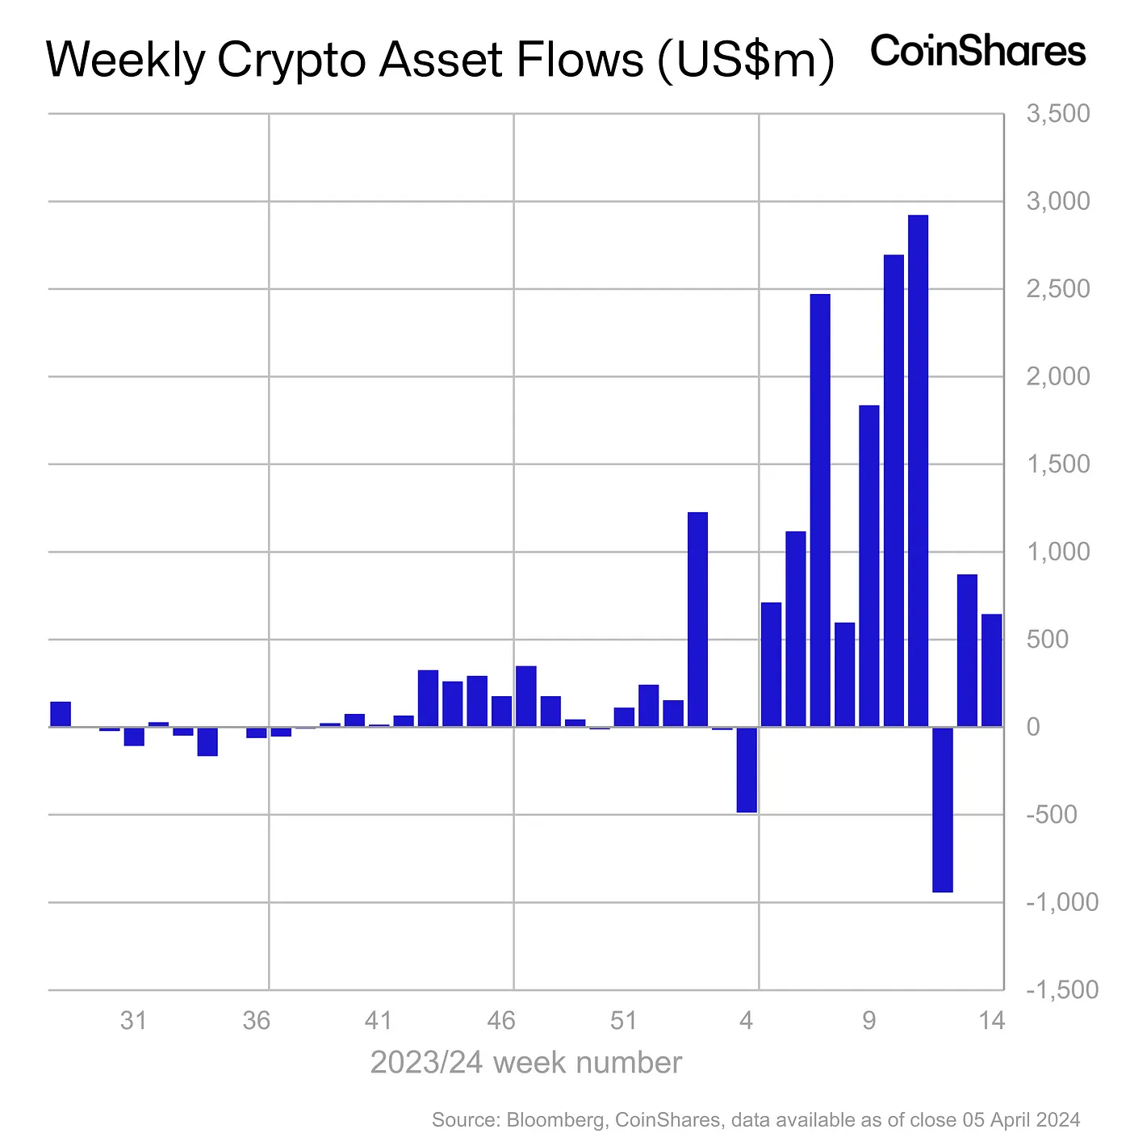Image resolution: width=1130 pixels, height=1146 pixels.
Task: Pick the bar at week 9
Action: point(868,565)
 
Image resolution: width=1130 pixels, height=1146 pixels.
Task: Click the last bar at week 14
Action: point(991,670)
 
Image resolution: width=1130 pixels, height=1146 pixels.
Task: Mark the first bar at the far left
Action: point(61,714)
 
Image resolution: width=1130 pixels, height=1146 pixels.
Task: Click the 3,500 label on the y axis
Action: point(1057,114)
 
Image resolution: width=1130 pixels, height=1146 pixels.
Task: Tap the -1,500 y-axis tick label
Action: point(1061,990)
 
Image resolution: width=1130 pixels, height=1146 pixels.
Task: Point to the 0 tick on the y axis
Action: point(1033,727)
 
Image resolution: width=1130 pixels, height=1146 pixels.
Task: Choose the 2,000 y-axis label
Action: point(1057,376)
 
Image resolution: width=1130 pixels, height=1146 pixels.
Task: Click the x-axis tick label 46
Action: point(501,1021)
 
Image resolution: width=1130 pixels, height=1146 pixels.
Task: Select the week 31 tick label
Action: point(133,1021)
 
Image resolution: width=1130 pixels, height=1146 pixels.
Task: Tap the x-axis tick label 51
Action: point(624,1021)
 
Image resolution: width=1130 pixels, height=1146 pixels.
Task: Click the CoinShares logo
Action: point(977,52)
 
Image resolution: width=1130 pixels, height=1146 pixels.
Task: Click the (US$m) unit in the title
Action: point(746,60)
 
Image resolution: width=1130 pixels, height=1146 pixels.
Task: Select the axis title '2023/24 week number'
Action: point(525,1063)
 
